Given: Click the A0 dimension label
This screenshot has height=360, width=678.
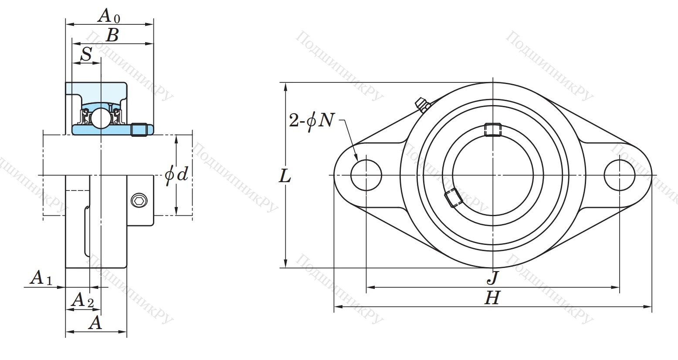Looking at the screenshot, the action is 108,16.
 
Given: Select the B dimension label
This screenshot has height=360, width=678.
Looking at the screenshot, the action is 112,35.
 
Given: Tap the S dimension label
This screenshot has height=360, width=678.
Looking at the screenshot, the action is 87,54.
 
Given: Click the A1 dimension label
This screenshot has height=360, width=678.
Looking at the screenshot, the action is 41,278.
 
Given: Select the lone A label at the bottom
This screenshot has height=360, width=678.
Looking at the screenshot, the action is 95,323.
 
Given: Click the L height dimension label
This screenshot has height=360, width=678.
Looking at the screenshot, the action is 285,176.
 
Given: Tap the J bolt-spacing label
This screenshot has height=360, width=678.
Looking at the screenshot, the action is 493,278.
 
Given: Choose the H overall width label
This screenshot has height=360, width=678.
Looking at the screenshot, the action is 492,298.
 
